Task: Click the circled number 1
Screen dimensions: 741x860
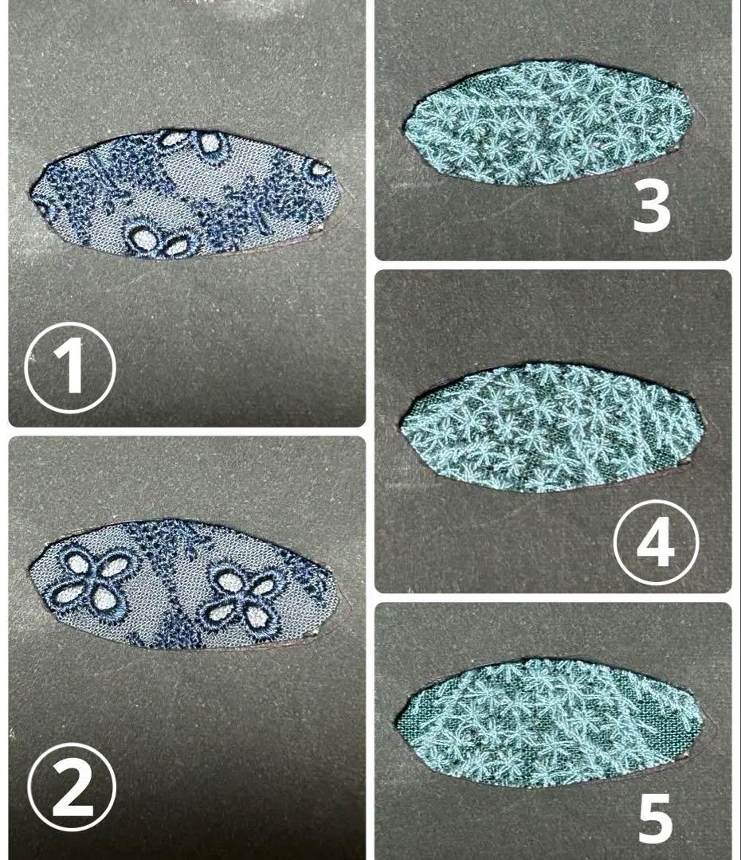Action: (x=71, y=366)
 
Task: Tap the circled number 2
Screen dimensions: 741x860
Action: (x=72, y=788)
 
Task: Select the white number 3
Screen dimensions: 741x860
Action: (x=652, y=207)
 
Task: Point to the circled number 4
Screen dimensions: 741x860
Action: (x=656, y=541)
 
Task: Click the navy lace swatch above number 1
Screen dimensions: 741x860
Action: (x=184, y=193)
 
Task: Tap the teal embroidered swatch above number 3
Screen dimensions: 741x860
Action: (x=547, y=123)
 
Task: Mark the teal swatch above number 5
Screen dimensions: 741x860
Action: (x=549, y=723)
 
